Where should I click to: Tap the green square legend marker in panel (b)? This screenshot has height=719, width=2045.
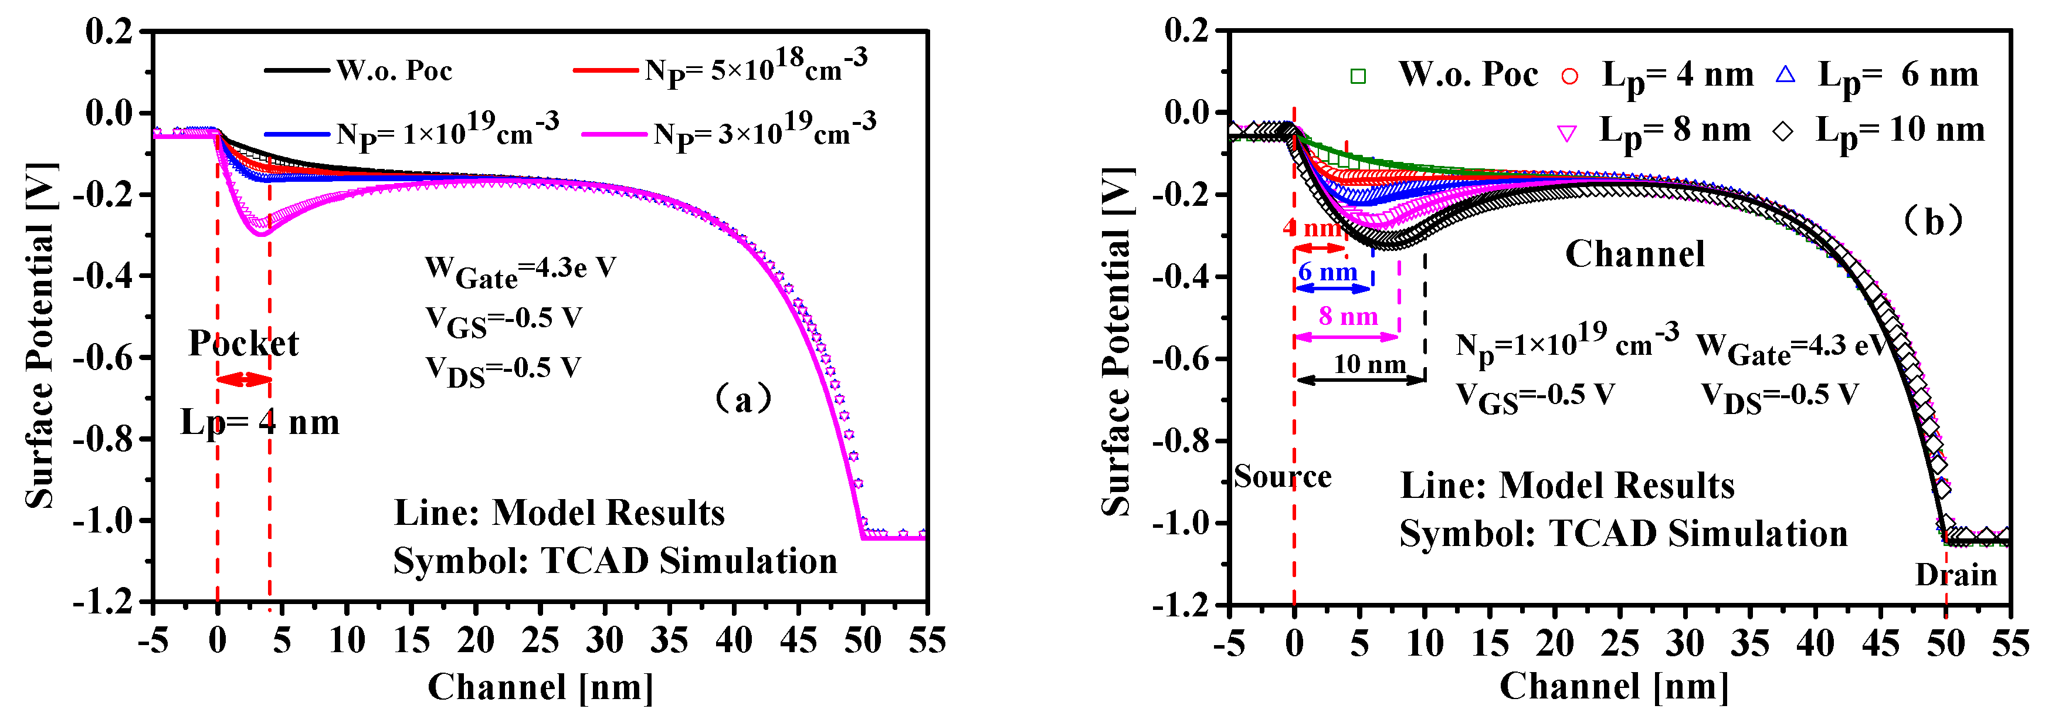(x=1358, y=76)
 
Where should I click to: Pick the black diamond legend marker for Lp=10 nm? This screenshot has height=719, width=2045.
(x=1783, y=131)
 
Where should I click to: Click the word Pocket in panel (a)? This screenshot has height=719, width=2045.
(x=243, y=344)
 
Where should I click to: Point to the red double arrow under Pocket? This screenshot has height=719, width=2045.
(x=244, y=379)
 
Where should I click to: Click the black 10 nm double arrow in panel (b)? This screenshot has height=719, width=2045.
(x=1360, y=380)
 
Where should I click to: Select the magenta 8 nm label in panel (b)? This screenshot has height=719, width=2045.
(x=1348, y=317)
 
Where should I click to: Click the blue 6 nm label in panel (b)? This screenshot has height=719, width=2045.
(x=1327, y=272)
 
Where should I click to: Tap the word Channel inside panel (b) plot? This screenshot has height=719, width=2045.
(x=1634, y=255)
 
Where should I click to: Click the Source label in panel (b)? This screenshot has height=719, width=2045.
(x=1282, y=477)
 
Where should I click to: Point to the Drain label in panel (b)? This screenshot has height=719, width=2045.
(x=1955, y=575)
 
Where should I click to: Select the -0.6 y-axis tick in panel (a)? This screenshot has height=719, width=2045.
(x=103, y=358)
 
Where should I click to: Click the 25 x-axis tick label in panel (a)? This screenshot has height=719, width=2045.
(x=540, y=640)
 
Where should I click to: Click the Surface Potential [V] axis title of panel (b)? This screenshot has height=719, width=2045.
(x=1117, y=341)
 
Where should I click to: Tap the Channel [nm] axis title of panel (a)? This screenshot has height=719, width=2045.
(x=541, y=687)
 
